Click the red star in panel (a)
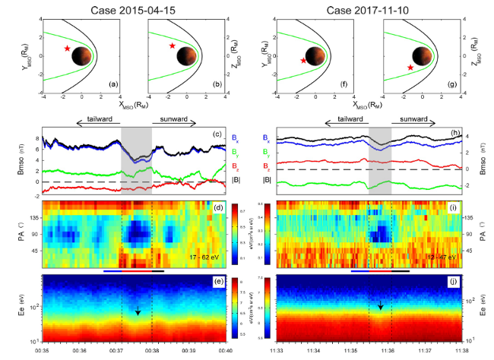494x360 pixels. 68,49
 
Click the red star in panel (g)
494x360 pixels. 410,68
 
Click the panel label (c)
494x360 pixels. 217,134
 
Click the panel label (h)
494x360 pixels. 454,134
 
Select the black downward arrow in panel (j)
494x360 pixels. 381,305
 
